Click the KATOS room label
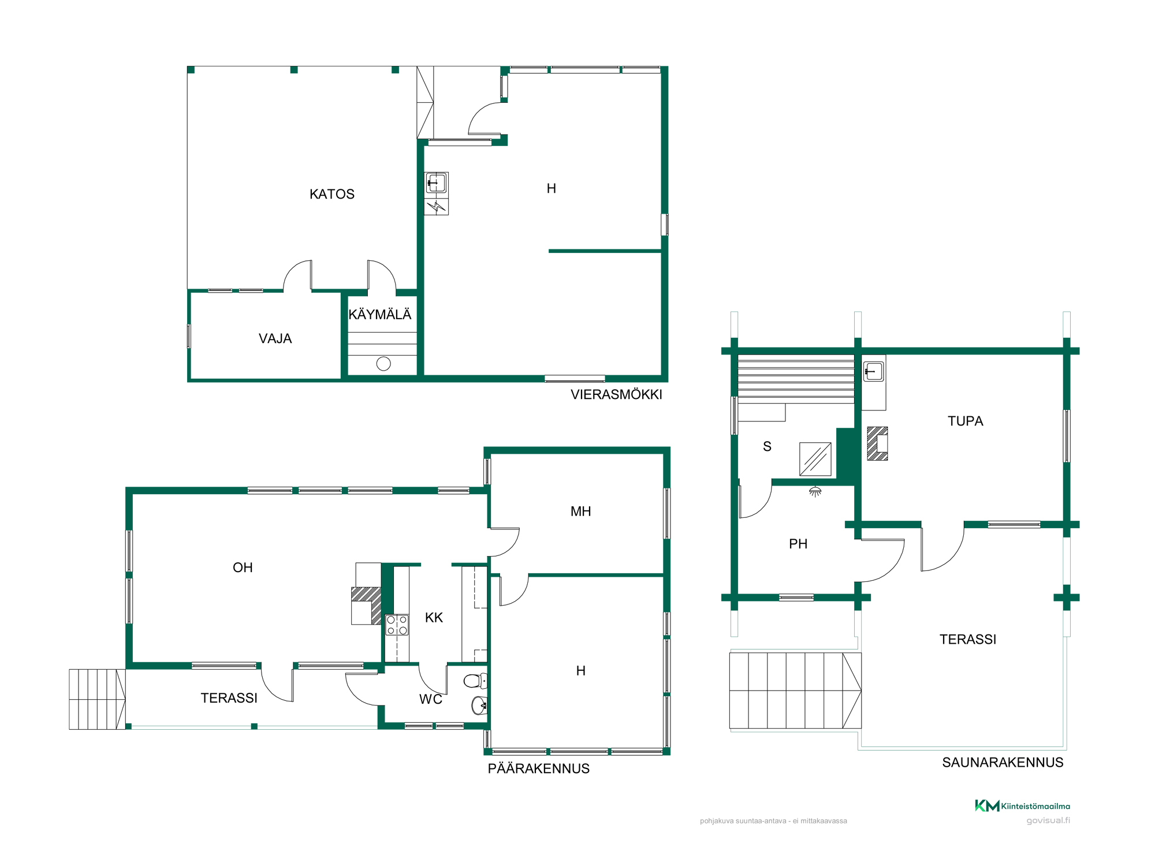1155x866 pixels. tap(332, 194)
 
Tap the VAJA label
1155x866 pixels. tap(275, 339)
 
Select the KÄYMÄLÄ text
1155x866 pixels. tap(380, 314)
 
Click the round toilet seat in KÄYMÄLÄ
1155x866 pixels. tap(383, 364)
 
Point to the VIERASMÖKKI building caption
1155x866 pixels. tap(616, 394)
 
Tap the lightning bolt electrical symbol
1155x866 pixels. tap(437, 207)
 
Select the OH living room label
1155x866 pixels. tap(243, 568)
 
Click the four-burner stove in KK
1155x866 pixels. tap(397, 625)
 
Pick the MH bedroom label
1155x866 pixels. tap(580, 512)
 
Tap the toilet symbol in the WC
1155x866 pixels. tap(475, 681)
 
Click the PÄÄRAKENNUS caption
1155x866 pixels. tap(539, 768)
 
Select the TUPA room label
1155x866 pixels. tap(965, 421)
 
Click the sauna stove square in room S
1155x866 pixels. tap(815, 460)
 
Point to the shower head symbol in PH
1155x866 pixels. tap(815, 492)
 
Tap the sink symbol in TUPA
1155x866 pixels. tap(873, 371)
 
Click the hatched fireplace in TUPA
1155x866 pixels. tap(877, 443)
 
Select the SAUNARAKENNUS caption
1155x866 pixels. tap(1003, 763)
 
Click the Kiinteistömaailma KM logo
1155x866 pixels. tap(1022, 806)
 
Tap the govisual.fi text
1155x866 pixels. tap(1048, 820)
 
